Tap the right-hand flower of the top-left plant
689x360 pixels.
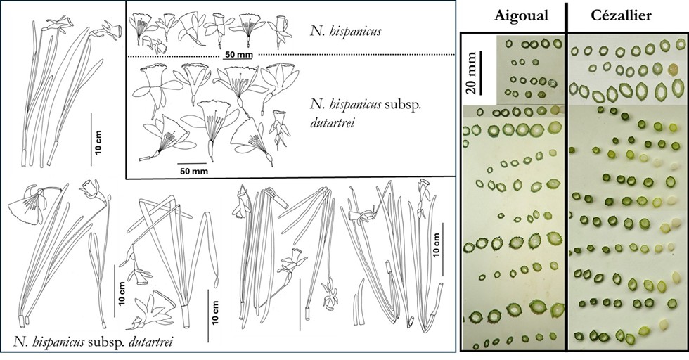click(x=111, y=30)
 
